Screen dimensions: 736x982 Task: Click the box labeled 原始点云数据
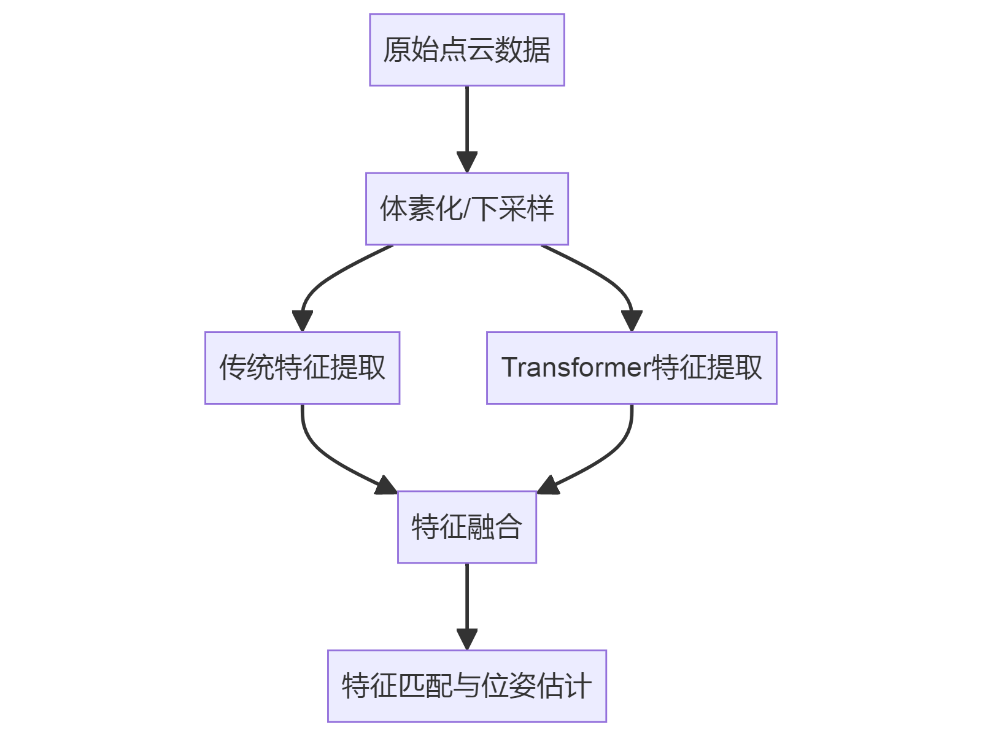point(466,50)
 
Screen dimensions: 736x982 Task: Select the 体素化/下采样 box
point(466,209)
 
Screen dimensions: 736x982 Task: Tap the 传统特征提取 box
point(302,367)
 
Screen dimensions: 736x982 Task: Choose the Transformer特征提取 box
point(632,367)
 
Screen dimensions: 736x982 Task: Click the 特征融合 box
point(466,526)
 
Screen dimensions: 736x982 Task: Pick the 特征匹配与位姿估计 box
point(466,686)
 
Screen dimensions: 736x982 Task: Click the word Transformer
point(576,367)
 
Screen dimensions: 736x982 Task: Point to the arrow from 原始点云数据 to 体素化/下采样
point(467,123)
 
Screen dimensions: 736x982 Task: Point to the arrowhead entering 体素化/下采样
point(467,162)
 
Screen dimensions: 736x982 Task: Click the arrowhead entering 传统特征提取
point(303,320)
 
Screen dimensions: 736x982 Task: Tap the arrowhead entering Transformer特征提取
point(632,320)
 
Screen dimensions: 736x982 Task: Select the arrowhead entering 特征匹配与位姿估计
point(467,639)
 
